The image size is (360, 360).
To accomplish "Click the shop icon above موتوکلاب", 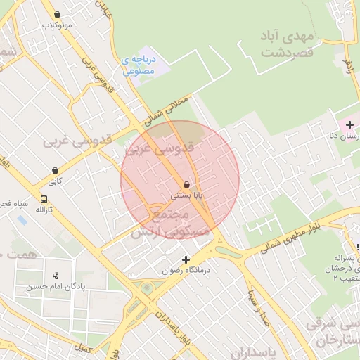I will point(57,14).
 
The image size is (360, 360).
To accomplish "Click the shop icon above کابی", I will point(55,170).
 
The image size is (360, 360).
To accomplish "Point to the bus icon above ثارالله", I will point(44,199).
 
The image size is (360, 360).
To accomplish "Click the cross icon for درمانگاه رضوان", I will point(186,259).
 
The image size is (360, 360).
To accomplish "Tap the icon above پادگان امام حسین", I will point(56,275).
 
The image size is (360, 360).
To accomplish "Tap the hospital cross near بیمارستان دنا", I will point(349,124).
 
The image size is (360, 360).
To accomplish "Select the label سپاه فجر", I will point(14,205).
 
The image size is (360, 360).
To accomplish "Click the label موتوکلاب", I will point(57,25).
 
